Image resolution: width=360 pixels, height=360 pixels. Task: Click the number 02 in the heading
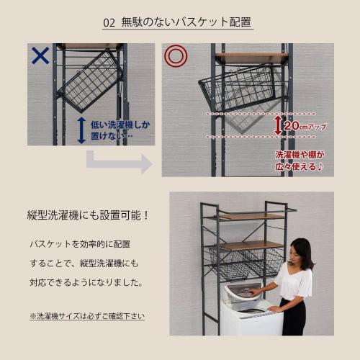click(109, 22)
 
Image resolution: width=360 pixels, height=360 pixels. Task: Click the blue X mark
click(40, 55)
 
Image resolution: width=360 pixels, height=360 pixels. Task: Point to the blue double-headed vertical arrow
click(81, 130)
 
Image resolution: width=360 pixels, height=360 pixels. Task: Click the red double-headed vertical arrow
click(277, 125)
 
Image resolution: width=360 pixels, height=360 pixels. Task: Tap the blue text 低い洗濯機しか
click(120, 124)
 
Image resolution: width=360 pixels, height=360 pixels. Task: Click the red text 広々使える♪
click(299, 166)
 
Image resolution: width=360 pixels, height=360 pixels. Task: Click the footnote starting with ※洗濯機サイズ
click(86, 315)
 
